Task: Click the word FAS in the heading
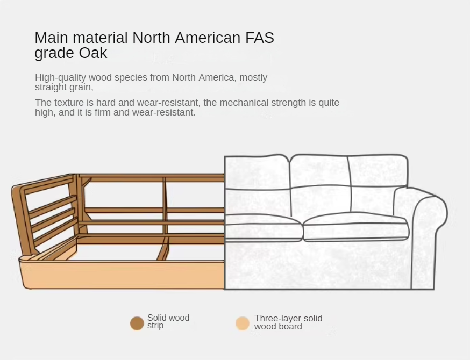click(x=260, y=38)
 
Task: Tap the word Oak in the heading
click(x=93, y=53)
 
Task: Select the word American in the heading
click(x=208, y=38)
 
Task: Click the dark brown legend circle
click(x=137, y=323)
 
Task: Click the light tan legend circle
click(x=243, y=323)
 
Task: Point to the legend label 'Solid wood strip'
click(x=168, y=321)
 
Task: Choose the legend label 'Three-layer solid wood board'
click(x=288, y=322)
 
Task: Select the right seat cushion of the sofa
click(x=356, y=226)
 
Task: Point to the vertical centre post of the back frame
click(x=165, y=205)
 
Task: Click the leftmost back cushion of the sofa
click(x=257, y=172)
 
